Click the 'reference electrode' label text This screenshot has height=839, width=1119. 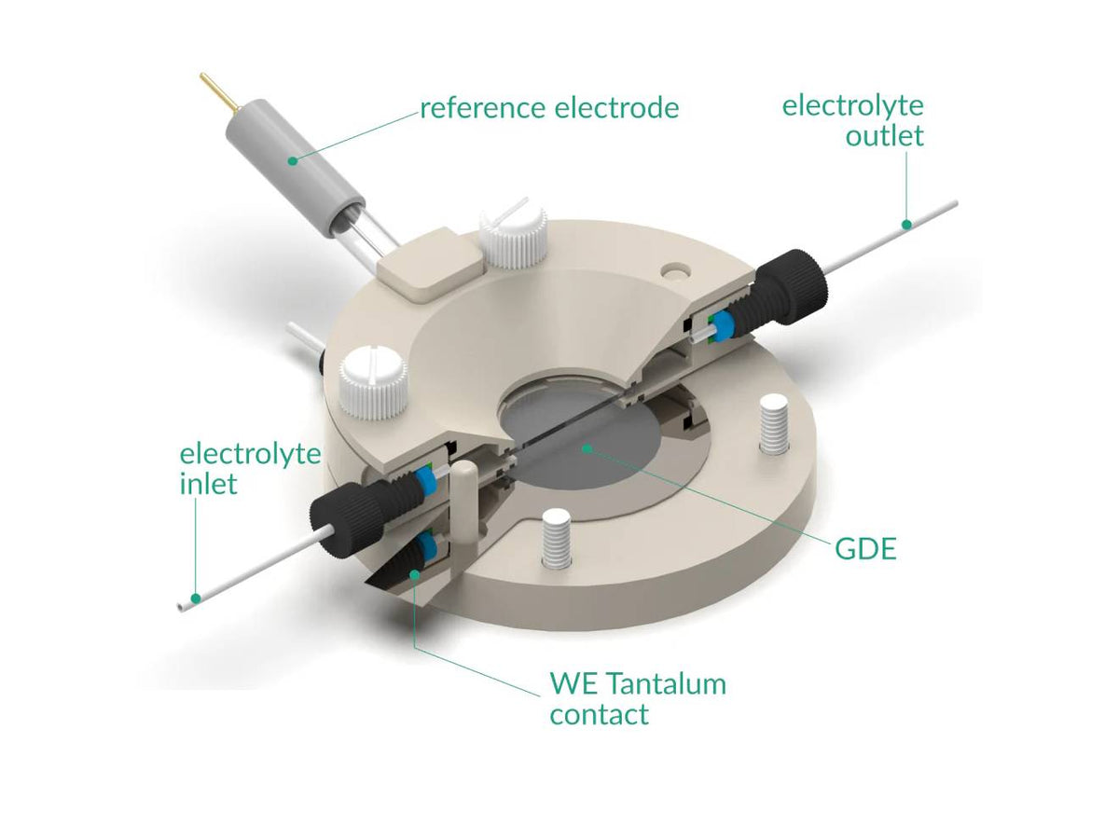click(x=549, y=108)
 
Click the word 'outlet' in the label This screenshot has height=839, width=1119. click(x=885, y=135)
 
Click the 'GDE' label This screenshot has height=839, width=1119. click(x=865, y=549)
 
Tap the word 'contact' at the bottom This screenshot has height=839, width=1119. click(x=599, y=714)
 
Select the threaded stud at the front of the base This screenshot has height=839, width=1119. click(x=556, y=540)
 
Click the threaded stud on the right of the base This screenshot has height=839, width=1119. click(x=774, y=424)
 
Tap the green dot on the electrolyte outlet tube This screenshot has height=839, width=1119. click(x=906, y=224)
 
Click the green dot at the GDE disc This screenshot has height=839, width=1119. click(x=587, y=448)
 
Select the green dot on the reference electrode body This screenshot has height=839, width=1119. click(x=293, y=161)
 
